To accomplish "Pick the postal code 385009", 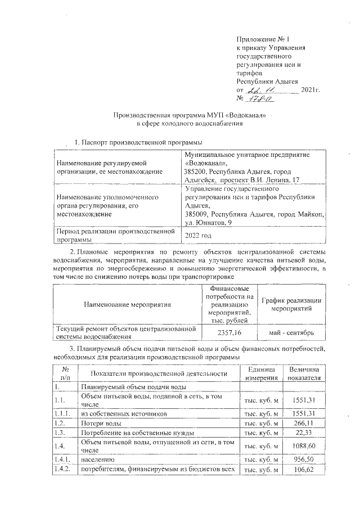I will coord(196,215).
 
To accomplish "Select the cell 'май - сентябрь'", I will coord(292,332).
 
